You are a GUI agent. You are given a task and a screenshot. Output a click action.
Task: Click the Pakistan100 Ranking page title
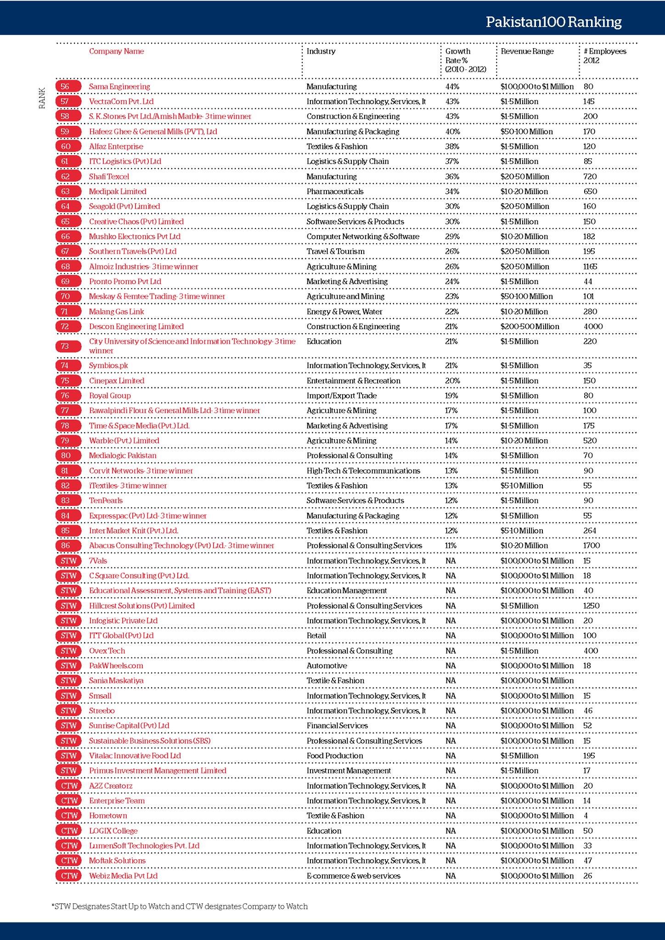point(553,22)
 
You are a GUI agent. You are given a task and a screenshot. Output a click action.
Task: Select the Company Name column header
point(116,51)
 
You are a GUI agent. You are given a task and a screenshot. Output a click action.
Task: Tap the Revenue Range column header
point(527,51)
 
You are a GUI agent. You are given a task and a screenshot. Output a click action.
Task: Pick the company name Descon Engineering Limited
point(136,326)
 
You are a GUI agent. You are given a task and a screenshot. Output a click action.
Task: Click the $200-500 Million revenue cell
point(530,326)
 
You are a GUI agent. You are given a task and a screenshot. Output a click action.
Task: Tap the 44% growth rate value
point(452,86)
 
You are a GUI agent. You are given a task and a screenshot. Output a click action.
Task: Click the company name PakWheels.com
point(116,666)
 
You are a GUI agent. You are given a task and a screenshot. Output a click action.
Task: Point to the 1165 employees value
point(590,267)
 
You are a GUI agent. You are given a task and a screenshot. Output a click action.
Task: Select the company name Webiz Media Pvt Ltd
point(123,876)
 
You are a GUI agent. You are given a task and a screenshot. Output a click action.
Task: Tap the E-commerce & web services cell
point(353,876)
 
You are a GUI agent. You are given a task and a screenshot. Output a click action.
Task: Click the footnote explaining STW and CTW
point(180,906)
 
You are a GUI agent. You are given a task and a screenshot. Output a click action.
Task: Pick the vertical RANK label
point(42,98)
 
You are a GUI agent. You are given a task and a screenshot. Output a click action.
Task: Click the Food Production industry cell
point(334,755)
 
